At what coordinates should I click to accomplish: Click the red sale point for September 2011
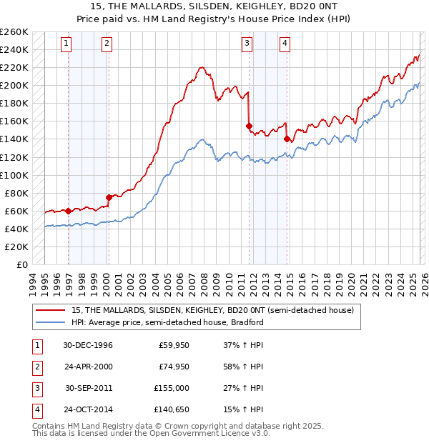click(x=250, y=126)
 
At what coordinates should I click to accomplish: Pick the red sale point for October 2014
click(x=287, y=139)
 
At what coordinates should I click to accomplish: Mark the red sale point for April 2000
click(x=109, y=197)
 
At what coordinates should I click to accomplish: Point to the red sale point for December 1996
click(x=69, y=211)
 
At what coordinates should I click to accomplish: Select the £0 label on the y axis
click(x=21, y=264)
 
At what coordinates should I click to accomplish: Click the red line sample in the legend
click(x=51, y=311)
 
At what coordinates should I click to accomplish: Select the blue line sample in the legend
click(x=51, y=322)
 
